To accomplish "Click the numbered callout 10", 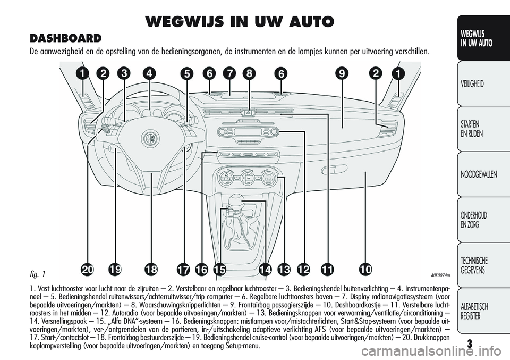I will coord(364,270).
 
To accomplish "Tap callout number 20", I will coord(88,270).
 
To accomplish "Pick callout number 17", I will coord(183,270).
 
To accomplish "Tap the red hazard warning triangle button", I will coord(248,112).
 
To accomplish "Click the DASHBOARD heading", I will coord(66,38).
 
